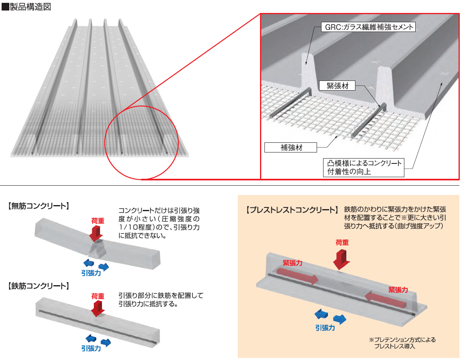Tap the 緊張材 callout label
(337, 86)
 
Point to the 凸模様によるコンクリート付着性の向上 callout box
(364, 167)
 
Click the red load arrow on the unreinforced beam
(97, 233)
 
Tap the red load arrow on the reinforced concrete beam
(97, 308)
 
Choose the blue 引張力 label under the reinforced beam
(91, 348)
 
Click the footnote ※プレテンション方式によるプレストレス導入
(402, 343)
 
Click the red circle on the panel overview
(142, 142)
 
